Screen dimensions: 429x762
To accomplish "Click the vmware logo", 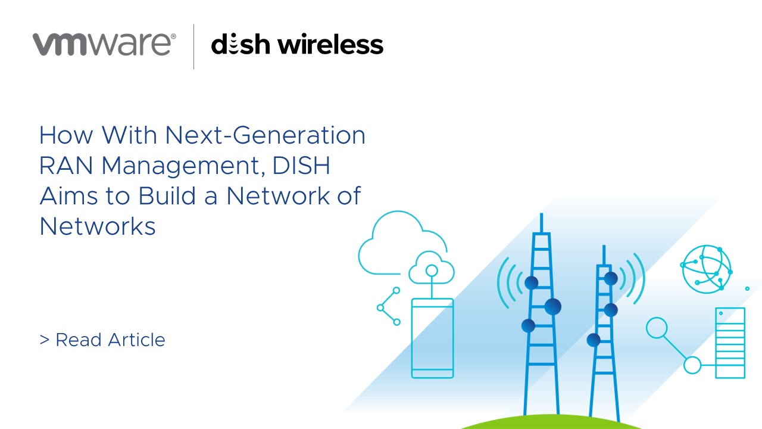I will click(x=104, y=45).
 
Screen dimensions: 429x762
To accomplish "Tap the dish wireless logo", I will click(x=297, y=45).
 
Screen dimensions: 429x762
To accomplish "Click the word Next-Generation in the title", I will click(x=266, y=136).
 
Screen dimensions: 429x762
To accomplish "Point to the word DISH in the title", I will click(x=301, y=166).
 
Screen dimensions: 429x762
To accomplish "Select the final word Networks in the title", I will click(x=98, y=226).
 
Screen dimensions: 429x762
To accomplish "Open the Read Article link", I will click(x=102, y=340).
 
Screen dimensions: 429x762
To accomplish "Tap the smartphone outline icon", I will click(x=432, y=337).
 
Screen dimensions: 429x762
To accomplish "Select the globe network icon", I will click(x=707, y=268).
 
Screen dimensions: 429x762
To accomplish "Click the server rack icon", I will click(x=730, y=343).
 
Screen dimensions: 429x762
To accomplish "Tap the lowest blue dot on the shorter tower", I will click(x=594, y=340).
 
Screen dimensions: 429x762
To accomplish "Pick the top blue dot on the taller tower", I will click(x=532, y=282).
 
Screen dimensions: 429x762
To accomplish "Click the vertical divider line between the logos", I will click(x=194, y=46).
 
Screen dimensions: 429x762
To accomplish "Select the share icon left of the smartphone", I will click(x=389, y=307).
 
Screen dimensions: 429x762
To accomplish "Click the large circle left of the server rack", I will click(x=657, y=328).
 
